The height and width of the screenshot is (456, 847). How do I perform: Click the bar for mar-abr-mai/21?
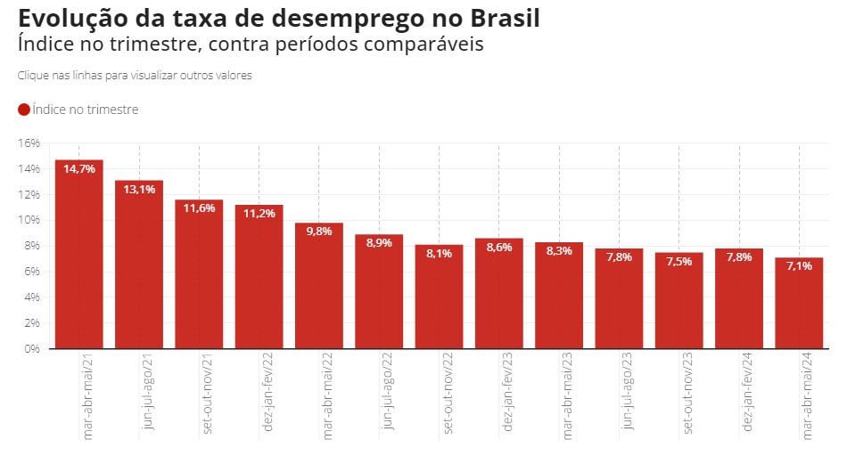point(79,258)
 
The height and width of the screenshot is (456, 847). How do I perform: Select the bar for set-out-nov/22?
point(439,298)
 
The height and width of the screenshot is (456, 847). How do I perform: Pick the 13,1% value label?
point(139,189)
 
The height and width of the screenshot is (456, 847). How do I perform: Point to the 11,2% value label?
point(259,214)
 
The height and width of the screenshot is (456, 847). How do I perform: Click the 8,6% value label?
point(499,247)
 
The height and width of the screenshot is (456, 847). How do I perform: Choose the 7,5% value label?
point(678,261)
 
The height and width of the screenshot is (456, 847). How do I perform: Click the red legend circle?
point(24,110)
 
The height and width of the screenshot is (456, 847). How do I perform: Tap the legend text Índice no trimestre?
point(85,110)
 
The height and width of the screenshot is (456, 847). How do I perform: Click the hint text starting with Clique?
point(134,76)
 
